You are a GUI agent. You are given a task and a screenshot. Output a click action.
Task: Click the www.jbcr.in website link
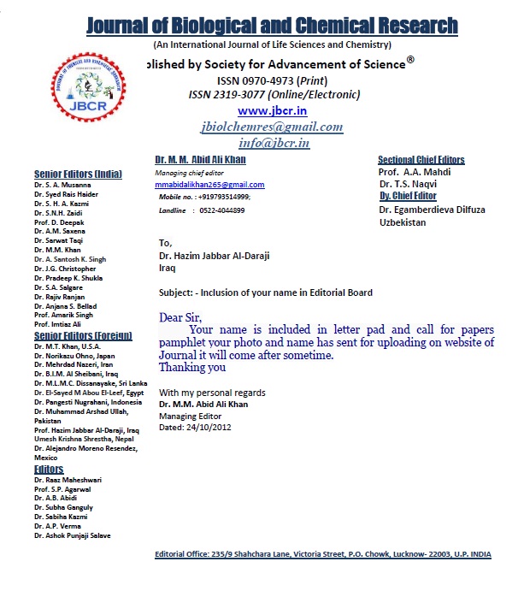(x=272, y=111)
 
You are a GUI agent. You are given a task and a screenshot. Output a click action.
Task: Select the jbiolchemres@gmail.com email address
(x=272, y=127)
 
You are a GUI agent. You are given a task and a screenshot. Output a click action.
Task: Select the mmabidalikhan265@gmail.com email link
(x=209, y=185)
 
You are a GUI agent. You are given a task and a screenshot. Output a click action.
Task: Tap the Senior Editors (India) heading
(x=79, y=174)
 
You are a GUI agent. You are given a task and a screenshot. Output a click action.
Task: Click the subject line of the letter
(x=265, y=293)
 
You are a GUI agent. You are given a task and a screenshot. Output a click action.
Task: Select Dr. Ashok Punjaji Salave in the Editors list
(x=73, y=535)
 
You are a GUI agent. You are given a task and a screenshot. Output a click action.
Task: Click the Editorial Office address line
(x=323, y=554)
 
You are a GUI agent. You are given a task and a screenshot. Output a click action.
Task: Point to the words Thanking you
(x=192, y=367)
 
